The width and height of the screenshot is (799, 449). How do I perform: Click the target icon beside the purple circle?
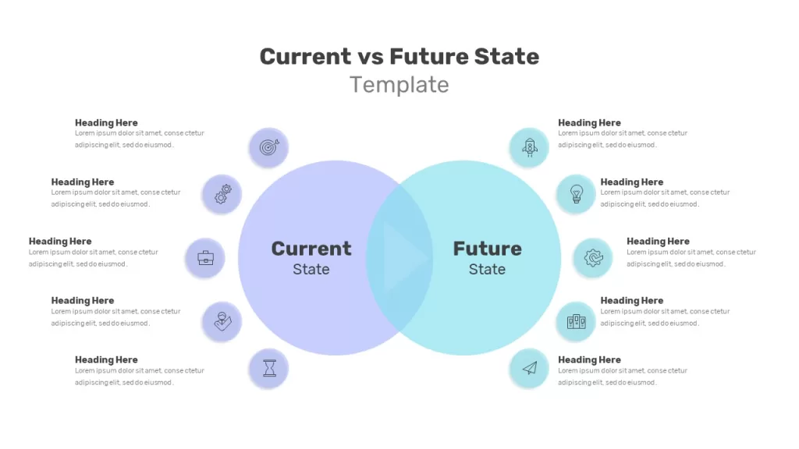(269, 147)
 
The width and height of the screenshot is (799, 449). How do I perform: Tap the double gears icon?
(222, 194)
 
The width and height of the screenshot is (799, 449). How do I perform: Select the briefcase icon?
(205, 257)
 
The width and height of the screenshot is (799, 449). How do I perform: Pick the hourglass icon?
(269, 368)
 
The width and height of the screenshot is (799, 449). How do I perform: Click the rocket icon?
(530, 147)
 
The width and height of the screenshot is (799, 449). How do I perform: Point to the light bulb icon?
(577, 194)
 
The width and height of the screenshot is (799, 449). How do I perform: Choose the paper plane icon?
(530, 368)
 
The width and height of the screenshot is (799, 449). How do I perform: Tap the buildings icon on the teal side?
(577, 321)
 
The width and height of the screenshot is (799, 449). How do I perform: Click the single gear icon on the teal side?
(593, 257)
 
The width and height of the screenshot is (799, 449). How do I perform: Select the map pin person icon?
(222, 321)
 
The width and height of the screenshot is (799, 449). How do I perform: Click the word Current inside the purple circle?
(311, 249)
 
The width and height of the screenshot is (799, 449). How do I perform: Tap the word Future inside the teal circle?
(487, 249)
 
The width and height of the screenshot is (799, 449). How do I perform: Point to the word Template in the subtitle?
(399, 84)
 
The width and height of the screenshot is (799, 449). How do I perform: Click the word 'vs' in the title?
(371, 56)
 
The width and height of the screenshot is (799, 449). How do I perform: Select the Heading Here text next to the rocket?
(589, 122)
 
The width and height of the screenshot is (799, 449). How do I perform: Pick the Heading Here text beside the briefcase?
(60, 242)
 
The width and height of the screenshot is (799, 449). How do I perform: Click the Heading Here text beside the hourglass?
(106, 360)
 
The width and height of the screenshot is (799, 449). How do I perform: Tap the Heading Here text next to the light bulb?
(631, 182)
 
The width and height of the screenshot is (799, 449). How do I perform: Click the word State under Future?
(487, 269)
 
